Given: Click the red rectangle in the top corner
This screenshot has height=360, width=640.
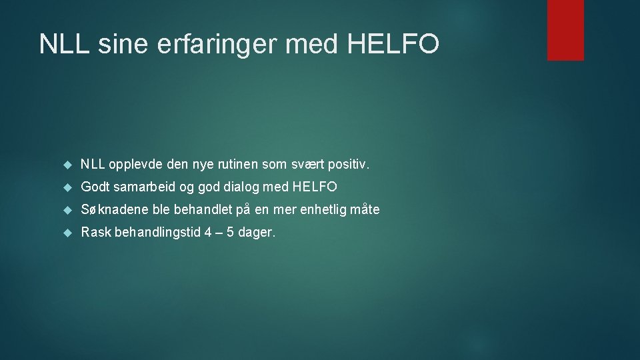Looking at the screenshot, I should point(565,30).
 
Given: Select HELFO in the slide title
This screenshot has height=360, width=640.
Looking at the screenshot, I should point(393,44).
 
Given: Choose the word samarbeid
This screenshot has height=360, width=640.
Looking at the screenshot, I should point(140,187).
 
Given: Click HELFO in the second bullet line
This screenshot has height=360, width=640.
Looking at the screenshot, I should point(315,187).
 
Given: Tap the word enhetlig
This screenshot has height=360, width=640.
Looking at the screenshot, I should point(322,210).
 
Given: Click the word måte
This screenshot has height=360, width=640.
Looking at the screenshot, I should point(365,210).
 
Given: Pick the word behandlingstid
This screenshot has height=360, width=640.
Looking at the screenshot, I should point(155,233).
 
